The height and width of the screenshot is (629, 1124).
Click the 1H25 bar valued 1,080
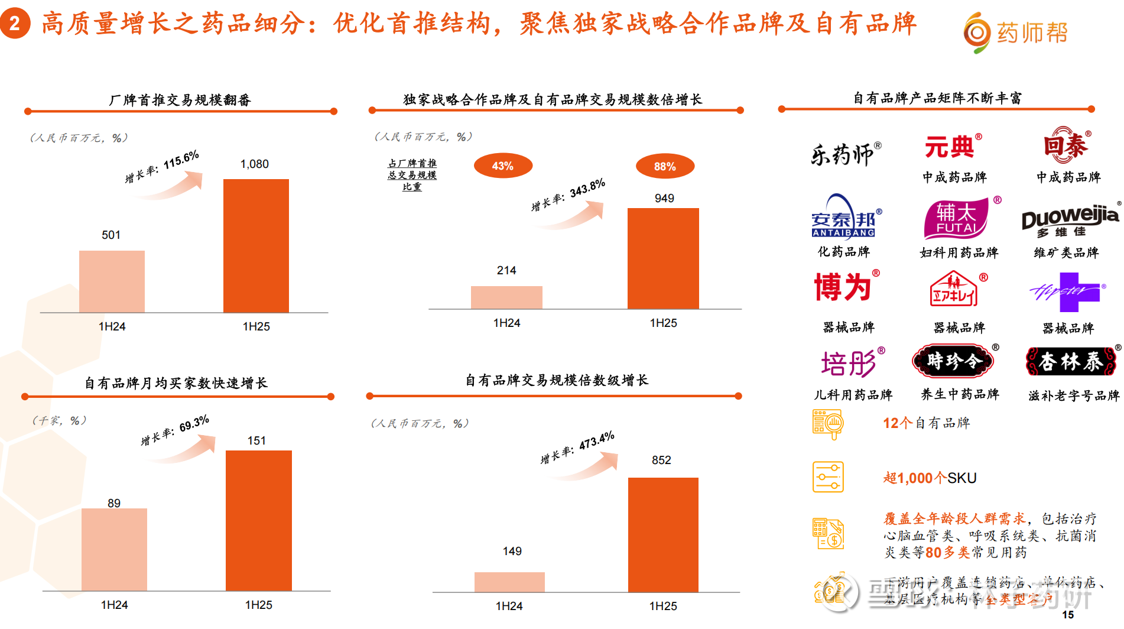(x=256, y=245)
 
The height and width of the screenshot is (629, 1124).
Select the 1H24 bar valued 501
(x=112, y=281)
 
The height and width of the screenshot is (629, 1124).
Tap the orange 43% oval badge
(x=503, y=166)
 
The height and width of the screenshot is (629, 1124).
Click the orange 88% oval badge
(x=665, y=167)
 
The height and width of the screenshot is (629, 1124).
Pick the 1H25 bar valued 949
(x=663, y=258)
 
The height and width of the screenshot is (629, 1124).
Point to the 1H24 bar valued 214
(x=506, y=297)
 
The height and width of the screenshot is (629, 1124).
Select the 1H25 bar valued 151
(x=259, y=520)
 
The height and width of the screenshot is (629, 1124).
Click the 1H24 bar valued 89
(x=114, y=549)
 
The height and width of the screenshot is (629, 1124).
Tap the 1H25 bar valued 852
(x=663, y=534)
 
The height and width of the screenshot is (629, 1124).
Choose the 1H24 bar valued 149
(x=509, y=582)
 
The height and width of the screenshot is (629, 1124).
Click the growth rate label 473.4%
(x=577, y=448)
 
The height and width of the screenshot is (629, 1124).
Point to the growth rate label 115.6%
(x=162, y=167)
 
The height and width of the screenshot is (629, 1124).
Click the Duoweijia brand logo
(x=1070, y=222)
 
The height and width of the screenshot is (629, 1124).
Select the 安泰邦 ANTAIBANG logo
(x=846, y=217)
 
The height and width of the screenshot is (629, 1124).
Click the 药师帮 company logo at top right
(x=1015, y=33)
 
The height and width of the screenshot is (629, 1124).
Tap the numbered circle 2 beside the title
(x=15, y=24)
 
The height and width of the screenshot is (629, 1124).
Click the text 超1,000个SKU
(x=930, y=478)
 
